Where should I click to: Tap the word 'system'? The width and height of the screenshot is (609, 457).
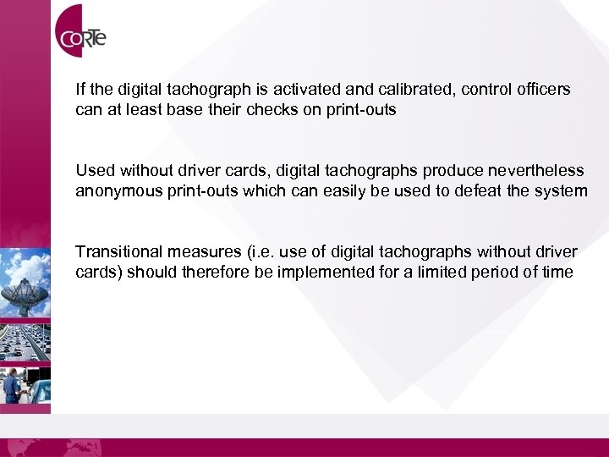coord(561,191)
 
